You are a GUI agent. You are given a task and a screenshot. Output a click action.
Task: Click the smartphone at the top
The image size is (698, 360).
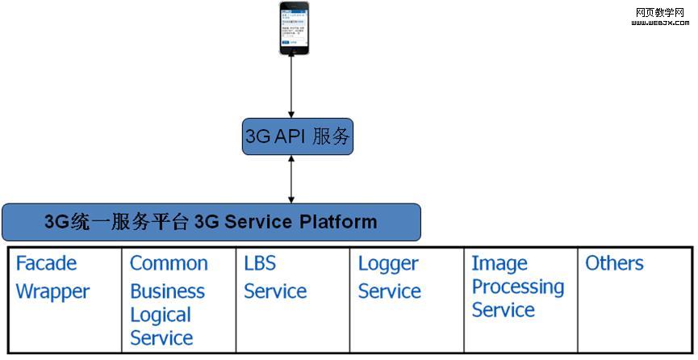click(294, 28)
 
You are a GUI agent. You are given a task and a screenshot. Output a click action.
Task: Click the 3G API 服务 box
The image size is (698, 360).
click(298, 136)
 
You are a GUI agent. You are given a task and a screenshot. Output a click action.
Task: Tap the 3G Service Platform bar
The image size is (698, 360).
click(211, 222)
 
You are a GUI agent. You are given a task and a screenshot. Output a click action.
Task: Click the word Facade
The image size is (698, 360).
click(46, 264)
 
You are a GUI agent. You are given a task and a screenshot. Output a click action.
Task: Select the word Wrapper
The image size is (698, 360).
click(52, 291)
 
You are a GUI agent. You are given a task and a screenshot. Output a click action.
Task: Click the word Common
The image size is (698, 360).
click(169, 264)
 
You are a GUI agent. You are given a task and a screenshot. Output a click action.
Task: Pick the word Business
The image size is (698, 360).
click(167, 291)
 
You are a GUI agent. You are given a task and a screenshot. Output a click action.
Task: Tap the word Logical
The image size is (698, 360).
click(161, 315)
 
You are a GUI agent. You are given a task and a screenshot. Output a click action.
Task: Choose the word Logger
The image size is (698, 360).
click(388, 264)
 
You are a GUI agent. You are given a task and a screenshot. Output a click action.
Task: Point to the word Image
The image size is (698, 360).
click(499, 264)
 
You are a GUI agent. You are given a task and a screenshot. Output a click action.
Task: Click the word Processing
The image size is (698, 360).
click(518, 287)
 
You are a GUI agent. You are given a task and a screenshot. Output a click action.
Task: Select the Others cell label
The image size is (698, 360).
click(614, 264)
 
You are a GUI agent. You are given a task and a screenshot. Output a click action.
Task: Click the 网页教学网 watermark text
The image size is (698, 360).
click(660, 12)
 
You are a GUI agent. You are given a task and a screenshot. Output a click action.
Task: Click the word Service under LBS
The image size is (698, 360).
click(275, 291)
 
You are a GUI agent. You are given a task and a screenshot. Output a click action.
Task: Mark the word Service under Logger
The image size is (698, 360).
click(390, 291)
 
